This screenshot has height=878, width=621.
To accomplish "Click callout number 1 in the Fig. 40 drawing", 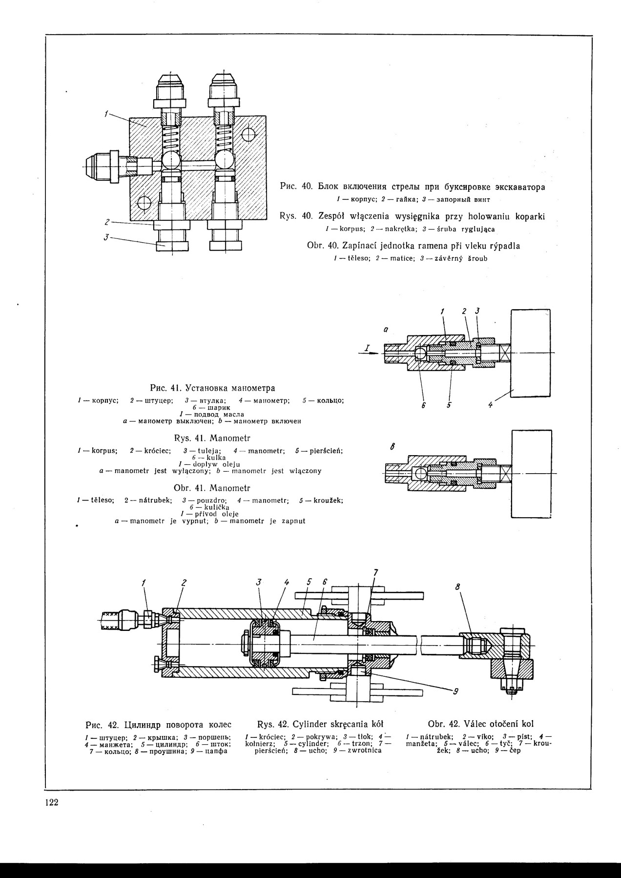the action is tap(106, 114).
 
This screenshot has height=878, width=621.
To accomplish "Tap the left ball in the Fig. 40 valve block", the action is tap(171, 160).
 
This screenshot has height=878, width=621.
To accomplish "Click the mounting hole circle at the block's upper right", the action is tap(248, 134).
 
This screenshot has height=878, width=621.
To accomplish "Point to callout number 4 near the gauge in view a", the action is tap(491, 405).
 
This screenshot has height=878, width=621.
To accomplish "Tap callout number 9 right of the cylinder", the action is tap(455, 690).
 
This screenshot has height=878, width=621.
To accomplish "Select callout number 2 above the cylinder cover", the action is tap(184, 582).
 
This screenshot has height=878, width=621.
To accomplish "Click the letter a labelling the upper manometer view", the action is tap(385, 330).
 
